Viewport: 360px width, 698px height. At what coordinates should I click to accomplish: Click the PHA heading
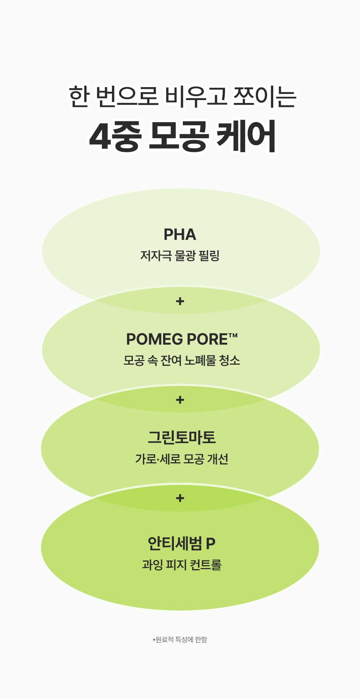point(180,235)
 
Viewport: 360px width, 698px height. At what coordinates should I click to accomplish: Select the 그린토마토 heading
point(181,438)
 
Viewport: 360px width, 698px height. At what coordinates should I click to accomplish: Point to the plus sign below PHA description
point(180,301)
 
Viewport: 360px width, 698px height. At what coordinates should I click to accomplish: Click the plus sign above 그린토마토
point(180,400)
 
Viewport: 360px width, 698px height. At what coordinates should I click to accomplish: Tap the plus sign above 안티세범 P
point(180,498)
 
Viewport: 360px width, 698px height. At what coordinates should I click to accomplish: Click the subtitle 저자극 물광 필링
point(180,256)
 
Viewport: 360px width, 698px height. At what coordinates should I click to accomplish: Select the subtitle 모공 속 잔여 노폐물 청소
point(181,360)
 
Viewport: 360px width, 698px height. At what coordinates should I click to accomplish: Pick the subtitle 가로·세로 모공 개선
point(181,459)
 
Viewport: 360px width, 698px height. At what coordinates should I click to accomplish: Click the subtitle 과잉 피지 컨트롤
point(181,564)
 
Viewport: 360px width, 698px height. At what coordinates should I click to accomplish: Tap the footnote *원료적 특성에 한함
point(180,640)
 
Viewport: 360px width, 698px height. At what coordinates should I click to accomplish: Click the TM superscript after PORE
point(233,335)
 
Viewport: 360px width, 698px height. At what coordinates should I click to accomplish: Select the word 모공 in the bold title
point(178,137)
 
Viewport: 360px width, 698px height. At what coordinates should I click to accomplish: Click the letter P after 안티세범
point(211,543)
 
